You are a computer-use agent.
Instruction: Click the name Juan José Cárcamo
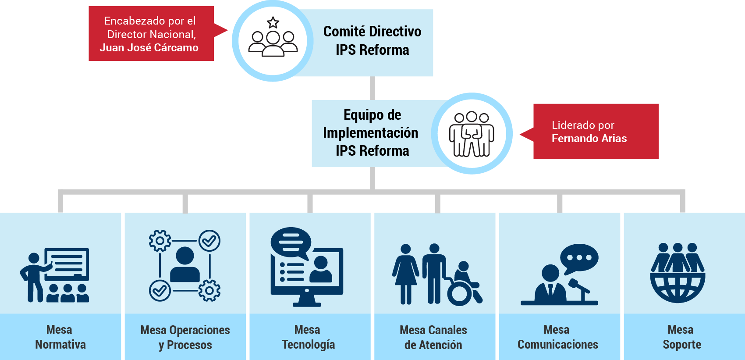click(x=149, y=48)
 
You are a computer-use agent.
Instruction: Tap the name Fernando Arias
click(x=589, y=139)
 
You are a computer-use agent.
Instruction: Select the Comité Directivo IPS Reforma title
click(x=372, y=41)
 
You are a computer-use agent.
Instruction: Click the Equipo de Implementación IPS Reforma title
click(x=371, y=133)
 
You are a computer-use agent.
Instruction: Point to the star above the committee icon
click(x=273, y=22)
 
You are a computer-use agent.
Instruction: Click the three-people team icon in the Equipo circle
click(x=472, y=134)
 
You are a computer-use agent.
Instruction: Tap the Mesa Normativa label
click(x=60, y=337)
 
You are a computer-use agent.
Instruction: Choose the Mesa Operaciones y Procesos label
click(x=185, y=337)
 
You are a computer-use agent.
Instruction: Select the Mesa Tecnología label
click(x=308, y=337)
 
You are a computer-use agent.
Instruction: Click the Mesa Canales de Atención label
click(x=433, y=337)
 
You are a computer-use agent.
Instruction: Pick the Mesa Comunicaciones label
click(x=557, y=337)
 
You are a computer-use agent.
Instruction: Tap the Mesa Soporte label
click(x=681, y=337)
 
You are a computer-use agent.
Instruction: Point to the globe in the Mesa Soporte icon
click(x=678, y=287)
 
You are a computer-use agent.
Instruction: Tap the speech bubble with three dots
click(x=579, y=258)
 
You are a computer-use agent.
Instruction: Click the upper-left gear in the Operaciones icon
click(x=160, y=241)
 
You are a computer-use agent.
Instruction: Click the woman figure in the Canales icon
click(x=406, y=274)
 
